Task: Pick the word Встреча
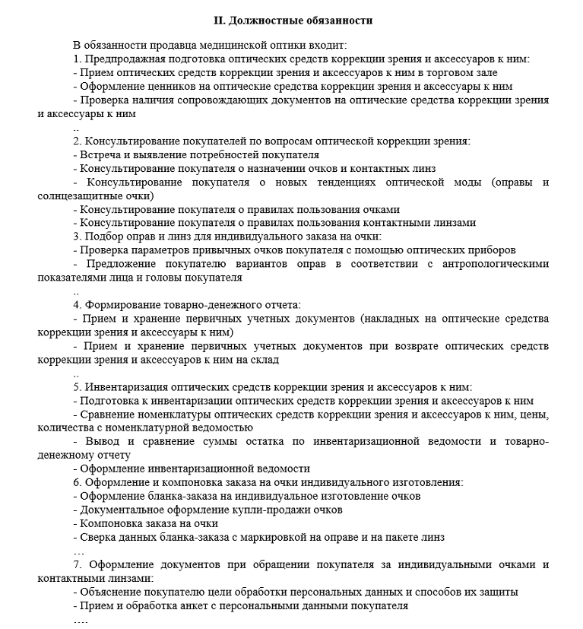coord(101,154)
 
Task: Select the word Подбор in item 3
coord(103,237)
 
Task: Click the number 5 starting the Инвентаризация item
coord(76,386)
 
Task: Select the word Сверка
coord(97,537)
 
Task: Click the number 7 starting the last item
coord(76,565)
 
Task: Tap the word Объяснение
coord(109,592)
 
